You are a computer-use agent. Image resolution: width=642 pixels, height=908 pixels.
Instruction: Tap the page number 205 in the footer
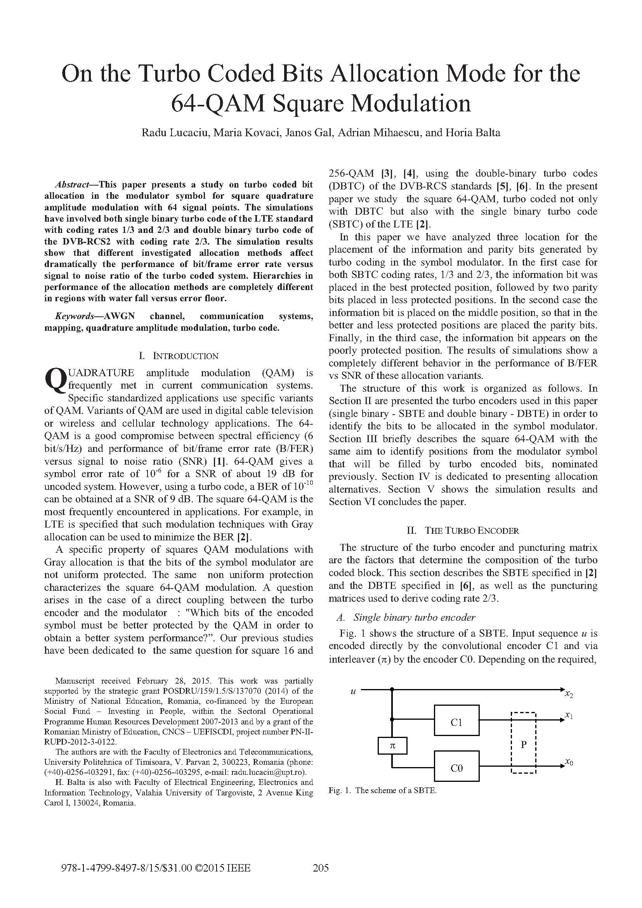(x=321, y=868)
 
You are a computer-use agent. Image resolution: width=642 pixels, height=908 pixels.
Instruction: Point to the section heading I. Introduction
(x=178, y=356)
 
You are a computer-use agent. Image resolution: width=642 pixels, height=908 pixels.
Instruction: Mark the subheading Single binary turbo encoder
(x=414, y=618)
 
